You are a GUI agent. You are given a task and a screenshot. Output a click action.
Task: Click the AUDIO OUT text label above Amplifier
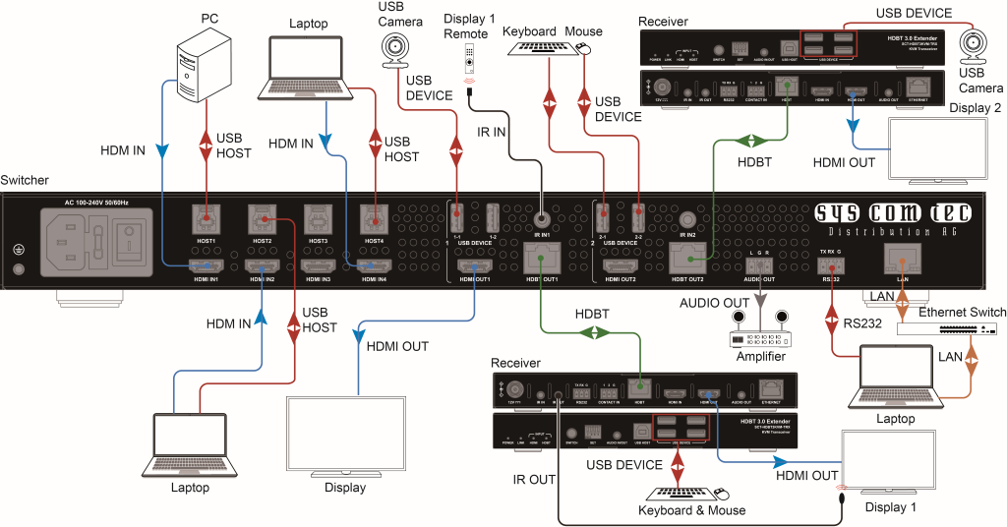(x=714, y=303)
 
